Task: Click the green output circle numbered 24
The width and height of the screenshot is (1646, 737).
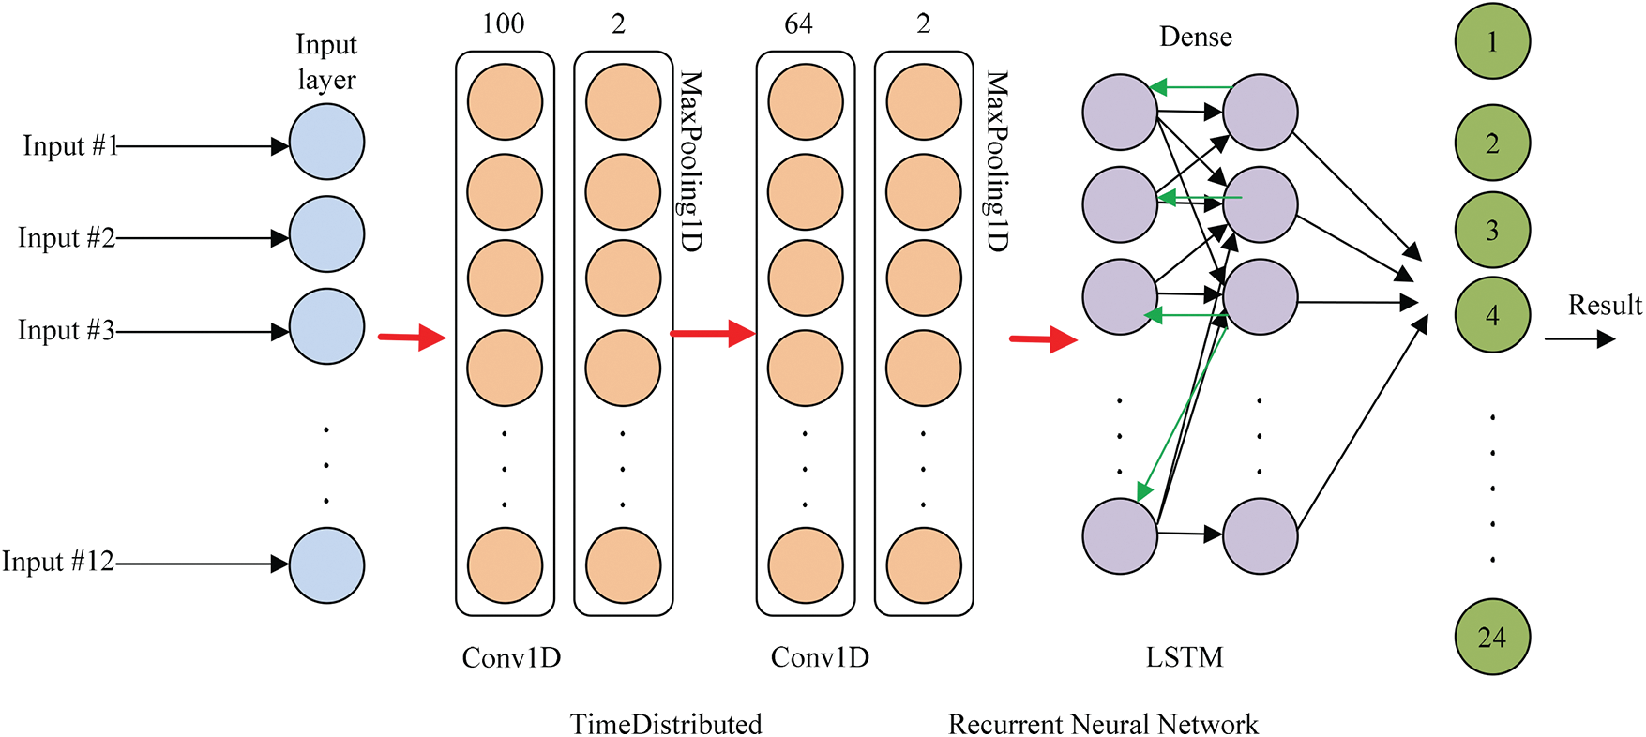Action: tap(1491, 637)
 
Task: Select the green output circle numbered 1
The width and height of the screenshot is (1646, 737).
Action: tap(1491, 42)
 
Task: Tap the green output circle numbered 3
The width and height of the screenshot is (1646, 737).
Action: tap(1491, 230)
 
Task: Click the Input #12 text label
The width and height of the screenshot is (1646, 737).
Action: tap(57, 562)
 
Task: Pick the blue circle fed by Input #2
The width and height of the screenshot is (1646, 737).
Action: tap(326, 234)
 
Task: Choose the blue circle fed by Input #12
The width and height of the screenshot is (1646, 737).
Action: tap(326, 565)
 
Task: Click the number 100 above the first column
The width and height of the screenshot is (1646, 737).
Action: tap(504, 23)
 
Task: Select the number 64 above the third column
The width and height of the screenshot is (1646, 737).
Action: tap(798, 23)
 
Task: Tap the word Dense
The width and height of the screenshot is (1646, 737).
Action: tap(1195, 37)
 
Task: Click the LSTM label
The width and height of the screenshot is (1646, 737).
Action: tap(1185, 657)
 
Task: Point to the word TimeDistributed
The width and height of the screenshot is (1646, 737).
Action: tap(666, 724)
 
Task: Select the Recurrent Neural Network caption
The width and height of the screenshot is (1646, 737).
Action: tap(1103, 724)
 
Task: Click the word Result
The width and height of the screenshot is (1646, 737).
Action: tap(1605, 306)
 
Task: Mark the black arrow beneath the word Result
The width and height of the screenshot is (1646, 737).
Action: tap(1580, 338)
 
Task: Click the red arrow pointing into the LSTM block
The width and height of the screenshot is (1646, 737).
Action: tap(1043, 338)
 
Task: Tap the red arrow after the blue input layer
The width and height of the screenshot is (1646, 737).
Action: tap(412, 337)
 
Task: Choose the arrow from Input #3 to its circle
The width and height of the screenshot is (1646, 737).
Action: tap(202, 331)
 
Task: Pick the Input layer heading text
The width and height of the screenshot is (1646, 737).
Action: tap(326, 62)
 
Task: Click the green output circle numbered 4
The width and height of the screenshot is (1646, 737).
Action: tap(1491, 315)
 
